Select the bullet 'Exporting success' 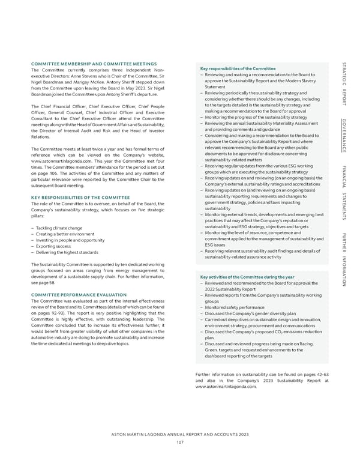(53, 246)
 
